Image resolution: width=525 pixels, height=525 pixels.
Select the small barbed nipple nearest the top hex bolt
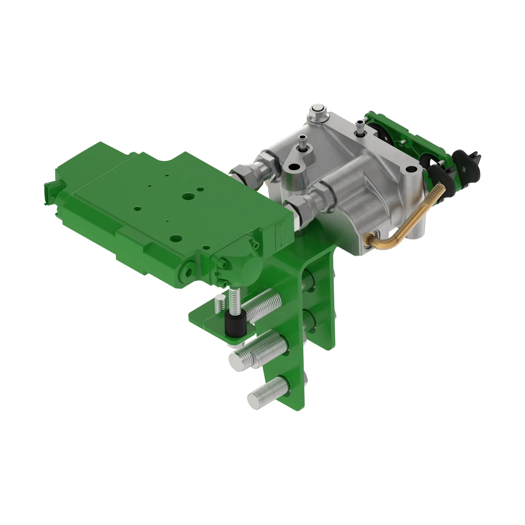[360, 126]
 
